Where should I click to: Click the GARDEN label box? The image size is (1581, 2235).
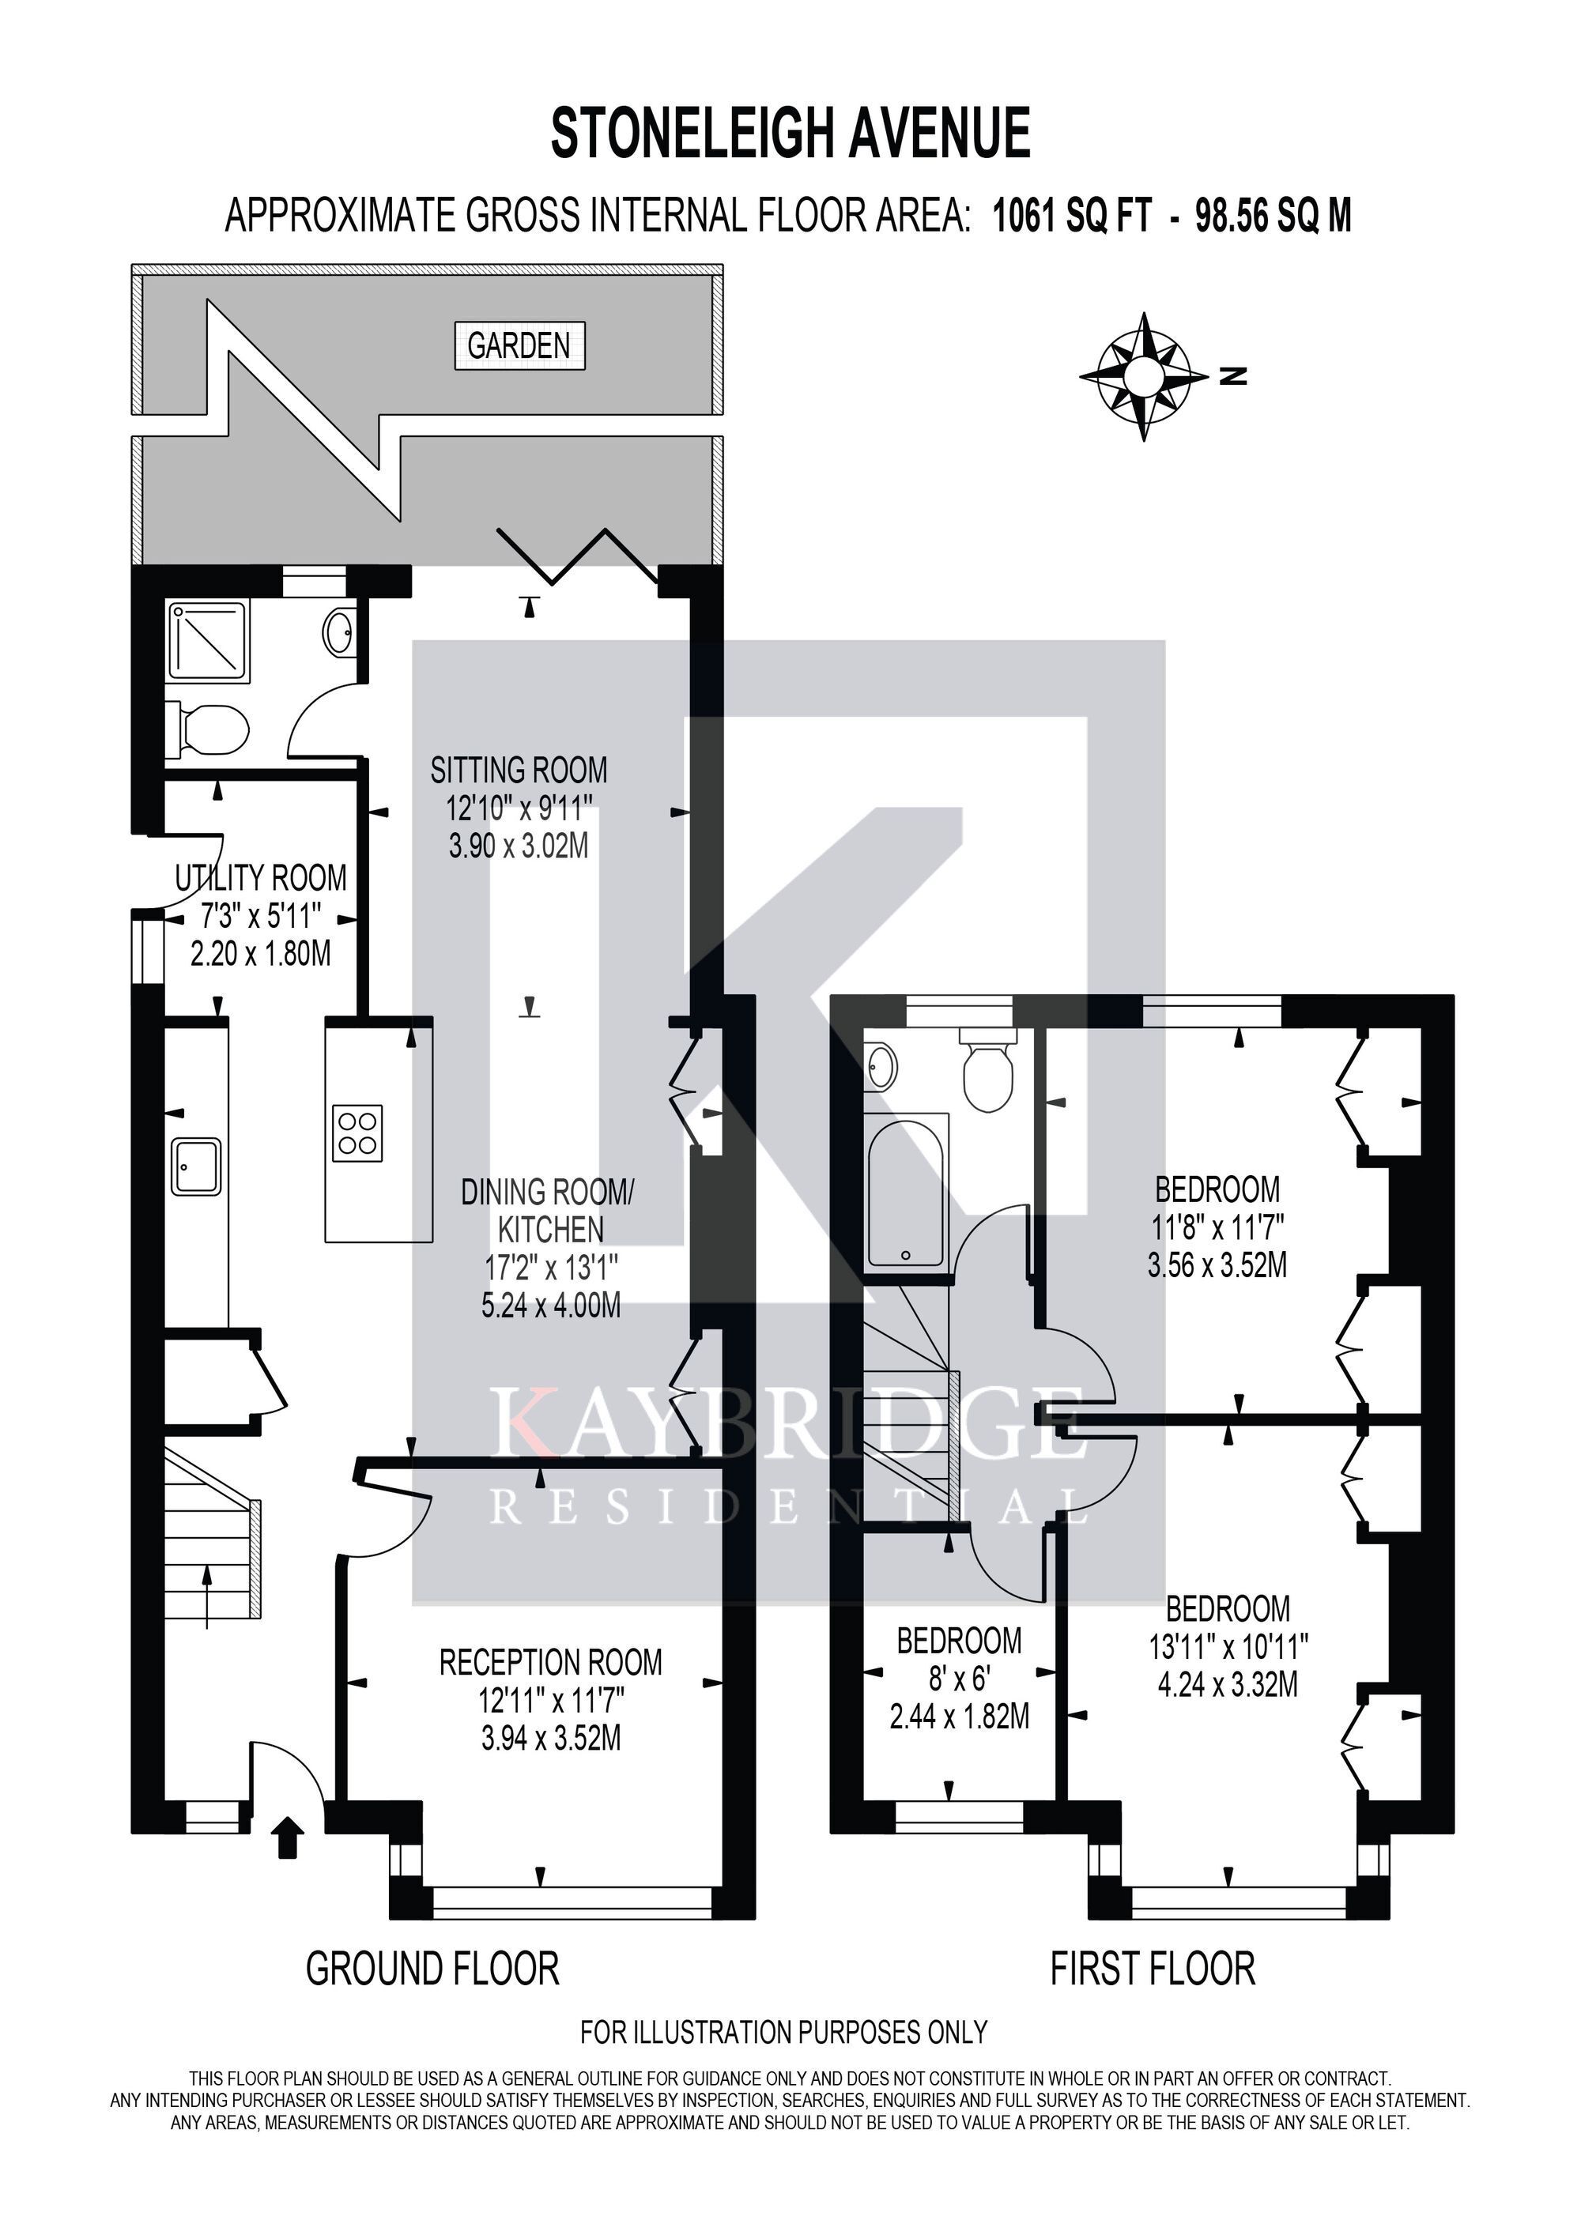[519, 345]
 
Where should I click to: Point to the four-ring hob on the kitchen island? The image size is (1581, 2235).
[357, 1133]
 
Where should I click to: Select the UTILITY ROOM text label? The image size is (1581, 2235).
[260, 878]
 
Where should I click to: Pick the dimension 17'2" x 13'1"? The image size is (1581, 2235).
[551, 1268]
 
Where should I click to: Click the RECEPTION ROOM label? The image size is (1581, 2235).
[551, 1662]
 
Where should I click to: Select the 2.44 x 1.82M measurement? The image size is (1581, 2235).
[959, 1717]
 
